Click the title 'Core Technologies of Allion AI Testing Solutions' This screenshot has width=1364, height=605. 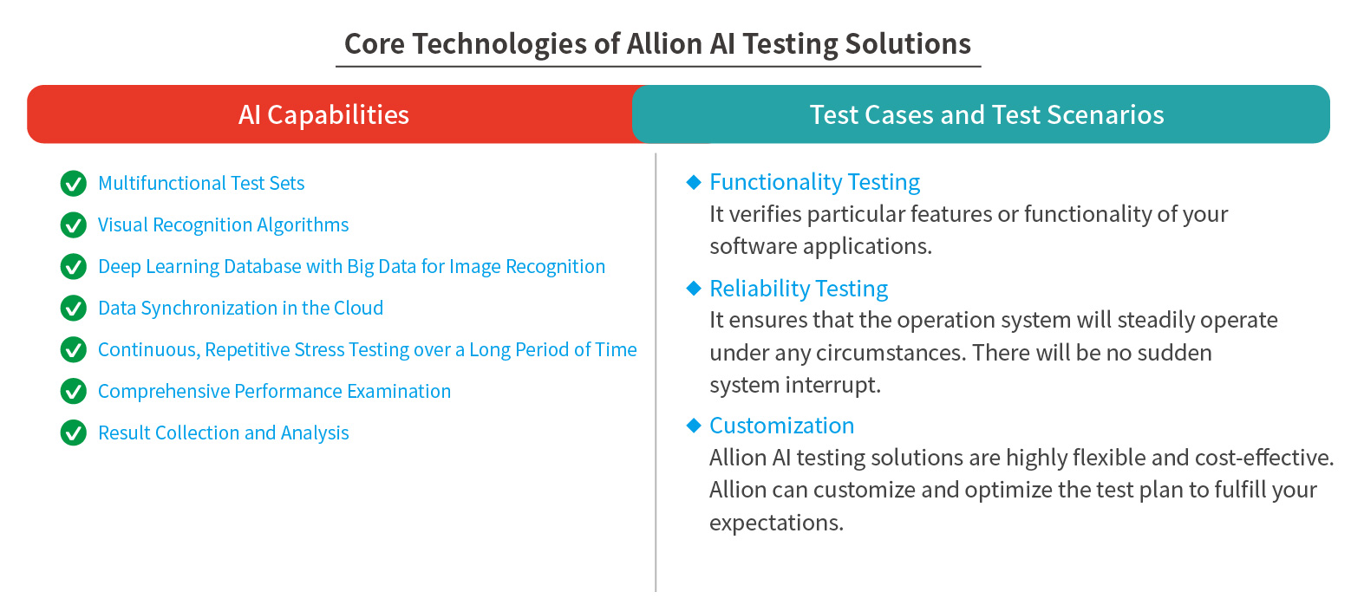tap(657, 44)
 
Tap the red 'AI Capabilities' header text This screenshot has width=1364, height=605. tap(323, 115)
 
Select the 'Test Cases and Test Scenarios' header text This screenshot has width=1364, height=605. tap(987, 114)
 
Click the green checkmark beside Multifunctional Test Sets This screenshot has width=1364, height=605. tap(74, 183)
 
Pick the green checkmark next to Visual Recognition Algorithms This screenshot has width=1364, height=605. tap(74, 224)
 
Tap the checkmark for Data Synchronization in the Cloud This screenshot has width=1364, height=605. tap(74, 308)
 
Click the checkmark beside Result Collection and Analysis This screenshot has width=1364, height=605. tap(74, 433)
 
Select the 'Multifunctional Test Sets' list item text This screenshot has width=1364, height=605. tap(201, 183)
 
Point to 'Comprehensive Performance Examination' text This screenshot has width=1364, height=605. tap(274, 391)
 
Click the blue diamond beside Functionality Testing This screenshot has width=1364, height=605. tap(694, 182)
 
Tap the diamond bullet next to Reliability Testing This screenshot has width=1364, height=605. tap(694, 288)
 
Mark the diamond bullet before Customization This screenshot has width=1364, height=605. tap(694, 425)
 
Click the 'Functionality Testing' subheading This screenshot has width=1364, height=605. tap(815, 182)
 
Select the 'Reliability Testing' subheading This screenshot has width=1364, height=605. tap(799, 289)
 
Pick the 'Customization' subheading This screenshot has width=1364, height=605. tap(782, 426)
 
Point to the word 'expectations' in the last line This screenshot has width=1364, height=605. tap(776, 523)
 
